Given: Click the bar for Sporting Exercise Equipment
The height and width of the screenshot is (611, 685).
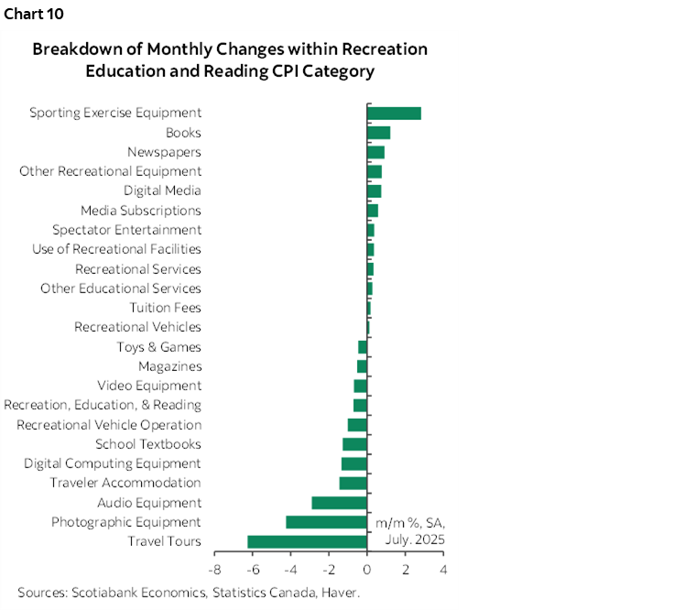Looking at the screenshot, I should coord(394,113).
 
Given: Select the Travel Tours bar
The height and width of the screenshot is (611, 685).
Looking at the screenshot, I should coord(307,541).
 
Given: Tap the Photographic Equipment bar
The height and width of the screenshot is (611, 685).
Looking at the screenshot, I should coord(326,522).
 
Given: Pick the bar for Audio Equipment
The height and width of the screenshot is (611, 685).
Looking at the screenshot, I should coord(339,503).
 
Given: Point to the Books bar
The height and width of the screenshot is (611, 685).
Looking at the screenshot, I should coord(378,133).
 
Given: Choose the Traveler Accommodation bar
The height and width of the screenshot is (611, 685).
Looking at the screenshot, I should coord(353,483).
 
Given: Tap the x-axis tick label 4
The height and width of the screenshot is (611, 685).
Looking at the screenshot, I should coord(443,570).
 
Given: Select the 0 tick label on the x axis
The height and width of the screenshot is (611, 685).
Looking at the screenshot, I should coord(367,570).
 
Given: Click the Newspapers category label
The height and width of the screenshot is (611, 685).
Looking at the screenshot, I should coord(164,152).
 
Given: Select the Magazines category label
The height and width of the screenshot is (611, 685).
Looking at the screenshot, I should coord(169,366).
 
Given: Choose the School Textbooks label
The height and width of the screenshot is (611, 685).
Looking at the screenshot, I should coord(147,444).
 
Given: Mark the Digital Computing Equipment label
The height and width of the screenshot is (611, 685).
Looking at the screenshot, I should coord(113,464).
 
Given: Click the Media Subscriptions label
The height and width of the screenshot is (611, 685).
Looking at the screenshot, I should coord(141,211).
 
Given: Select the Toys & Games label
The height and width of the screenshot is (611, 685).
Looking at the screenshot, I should coord(158,347).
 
